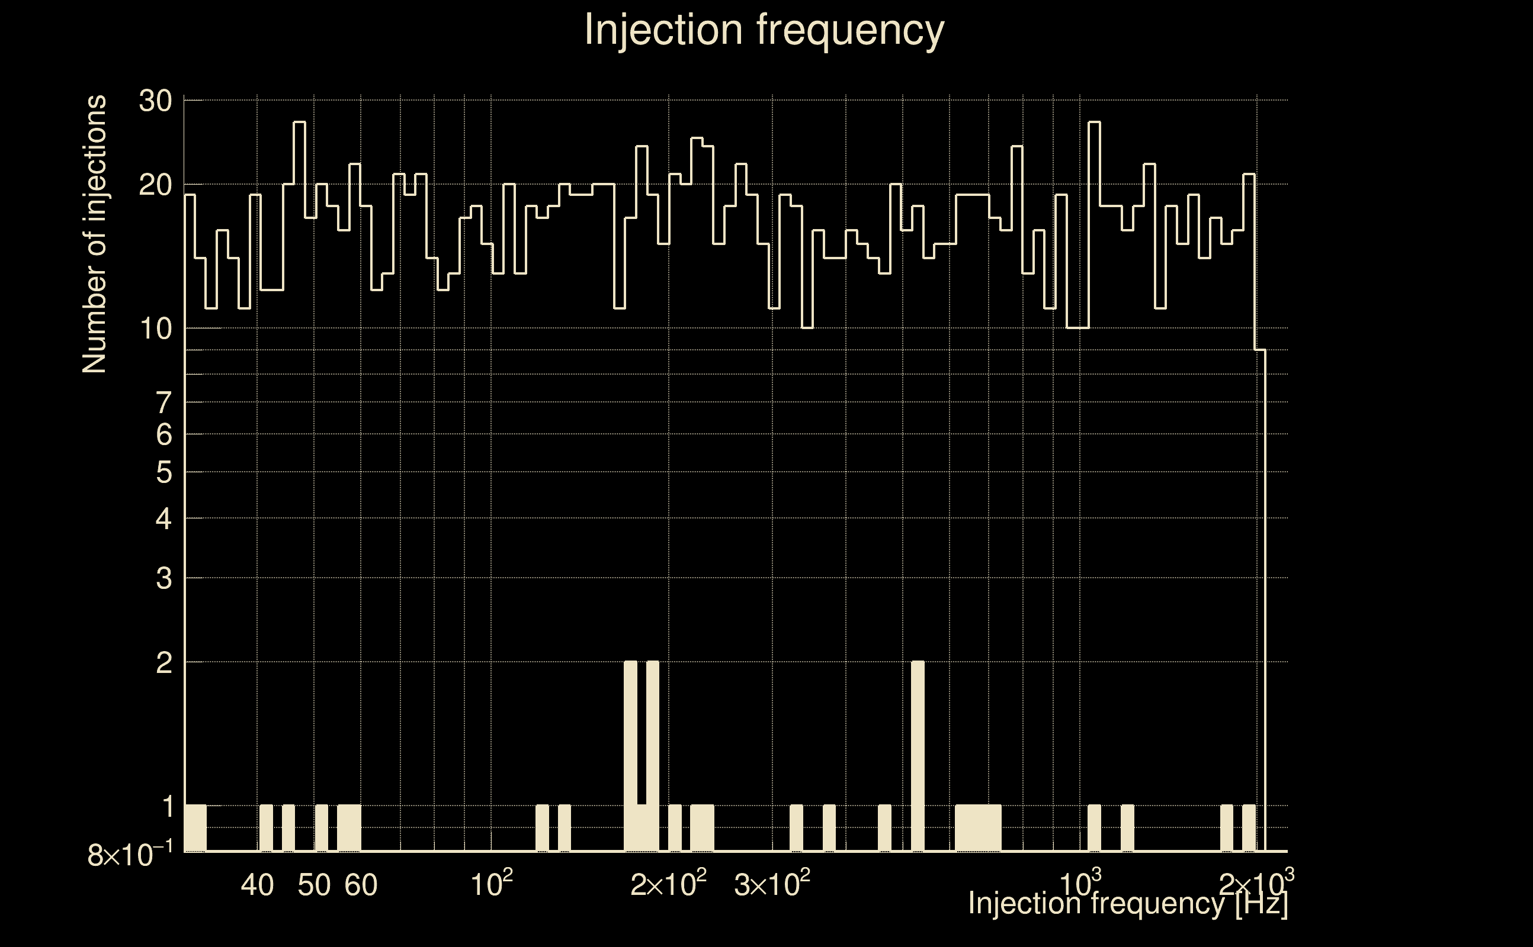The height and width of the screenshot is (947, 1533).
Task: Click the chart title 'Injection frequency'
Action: [x=764, y=30]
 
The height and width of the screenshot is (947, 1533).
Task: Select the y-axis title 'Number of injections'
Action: [x=94, y=234]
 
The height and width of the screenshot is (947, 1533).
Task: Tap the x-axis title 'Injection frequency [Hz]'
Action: [x=1128, y=903]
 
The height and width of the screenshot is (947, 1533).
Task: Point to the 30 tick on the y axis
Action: [x=155, y=101]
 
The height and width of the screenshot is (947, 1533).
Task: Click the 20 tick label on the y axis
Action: [x=155, y=185]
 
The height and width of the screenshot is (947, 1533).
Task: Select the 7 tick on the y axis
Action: [x=163, y=402]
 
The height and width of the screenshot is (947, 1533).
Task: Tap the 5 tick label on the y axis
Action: [x=163, y=472]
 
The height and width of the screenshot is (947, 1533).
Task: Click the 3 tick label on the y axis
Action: [x=163, y=579]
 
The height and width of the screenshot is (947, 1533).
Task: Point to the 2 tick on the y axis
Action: [x=163, y=663]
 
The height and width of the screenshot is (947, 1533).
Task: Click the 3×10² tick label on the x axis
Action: [x=772, y=884]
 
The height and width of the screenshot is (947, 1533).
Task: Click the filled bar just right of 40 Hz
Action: [x=267, y=828]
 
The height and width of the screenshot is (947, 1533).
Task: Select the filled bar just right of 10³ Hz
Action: [x=1094, y=828]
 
